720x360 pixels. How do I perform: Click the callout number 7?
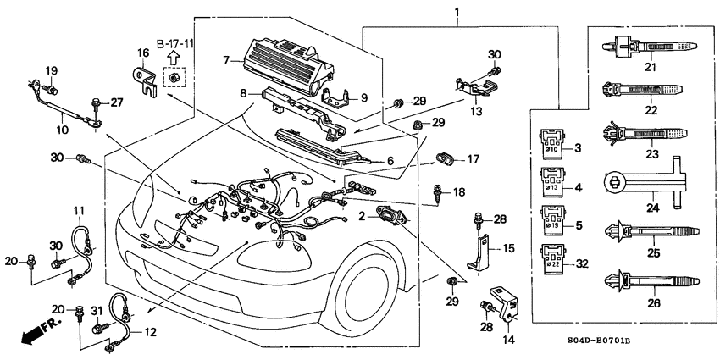[227, 60]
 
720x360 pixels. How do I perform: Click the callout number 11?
[78, 210]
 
